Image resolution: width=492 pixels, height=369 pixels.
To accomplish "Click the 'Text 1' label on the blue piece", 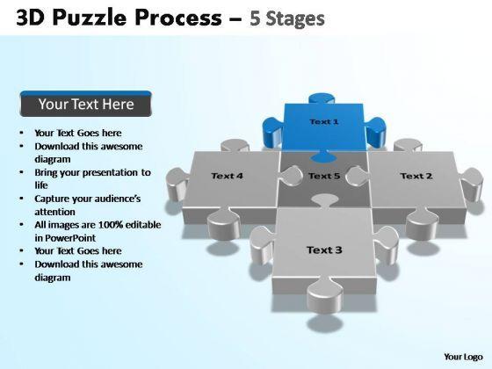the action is point(324,122).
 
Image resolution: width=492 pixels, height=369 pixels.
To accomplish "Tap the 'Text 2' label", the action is point(416,176).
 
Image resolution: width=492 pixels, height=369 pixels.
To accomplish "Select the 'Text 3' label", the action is point(324,250).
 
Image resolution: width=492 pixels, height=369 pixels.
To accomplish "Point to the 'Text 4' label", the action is point(227,176).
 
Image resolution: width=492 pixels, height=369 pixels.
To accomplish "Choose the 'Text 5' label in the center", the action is point(324,176).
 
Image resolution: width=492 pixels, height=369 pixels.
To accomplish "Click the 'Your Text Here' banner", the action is point(86,105).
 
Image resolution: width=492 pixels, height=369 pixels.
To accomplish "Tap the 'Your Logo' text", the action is point(463,357).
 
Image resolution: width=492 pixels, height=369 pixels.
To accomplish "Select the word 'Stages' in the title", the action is point(295,18).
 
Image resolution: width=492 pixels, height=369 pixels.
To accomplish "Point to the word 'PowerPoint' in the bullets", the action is point(70,238).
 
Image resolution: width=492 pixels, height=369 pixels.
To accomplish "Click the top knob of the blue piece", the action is point(323,98).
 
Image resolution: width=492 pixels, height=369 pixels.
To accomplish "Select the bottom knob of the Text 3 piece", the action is point(325,297).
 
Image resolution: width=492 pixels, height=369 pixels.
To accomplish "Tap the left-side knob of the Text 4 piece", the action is point(177,184).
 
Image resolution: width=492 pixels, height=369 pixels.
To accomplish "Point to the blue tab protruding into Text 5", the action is point(323,156).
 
